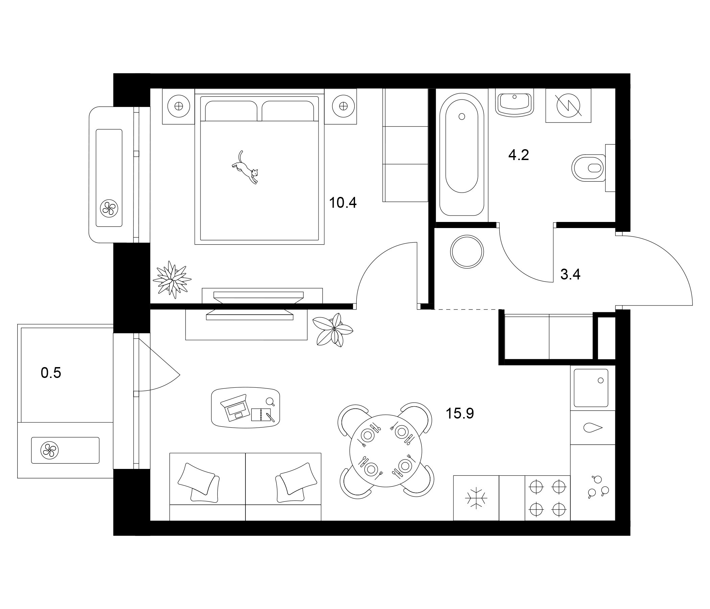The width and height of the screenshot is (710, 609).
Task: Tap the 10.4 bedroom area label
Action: (343, 203)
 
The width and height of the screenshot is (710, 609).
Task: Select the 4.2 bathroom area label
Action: (518, 155)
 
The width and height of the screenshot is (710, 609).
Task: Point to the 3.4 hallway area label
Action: (570, 274)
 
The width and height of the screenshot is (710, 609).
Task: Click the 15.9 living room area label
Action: (459, 413)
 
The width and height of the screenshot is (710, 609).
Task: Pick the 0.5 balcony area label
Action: (51, 373)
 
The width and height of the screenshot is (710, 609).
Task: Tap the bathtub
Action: (461, 154)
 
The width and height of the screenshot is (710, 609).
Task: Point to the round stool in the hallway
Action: (467, 252)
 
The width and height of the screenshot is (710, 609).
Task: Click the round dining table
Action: (385, 451)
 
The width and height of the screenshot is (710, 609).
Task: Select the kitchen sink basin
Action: (591, 388)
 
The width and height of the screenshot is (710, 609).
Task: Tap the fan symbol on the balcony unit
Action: (49, 450)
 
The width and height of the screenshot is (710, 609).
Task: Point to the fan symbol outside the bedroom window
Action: (109, 208)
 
